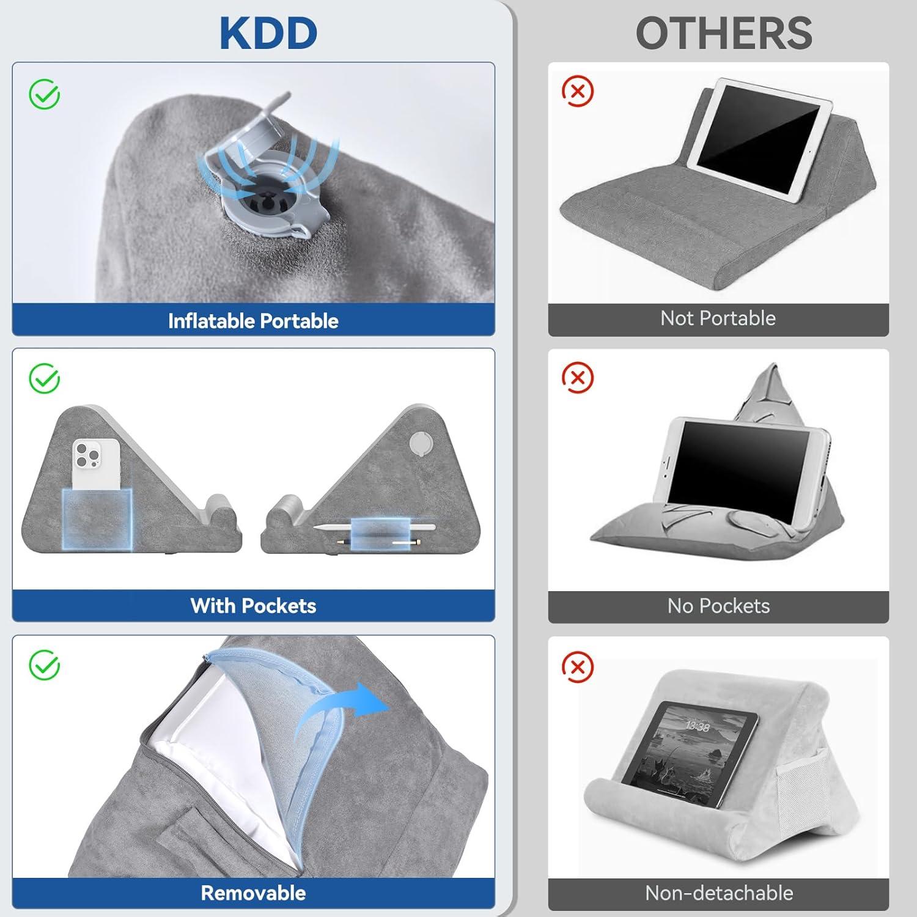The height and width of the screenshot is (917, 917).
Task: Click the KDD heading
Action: click(268, 33)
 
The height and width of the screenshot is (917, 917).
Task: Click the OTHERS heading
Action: click(724, 33)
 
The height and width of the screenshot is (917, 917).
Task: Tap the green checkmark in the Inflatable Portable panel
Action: click(45, 95)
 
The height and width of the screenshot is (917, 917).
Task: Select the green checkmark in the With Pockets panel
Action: click(45, 378)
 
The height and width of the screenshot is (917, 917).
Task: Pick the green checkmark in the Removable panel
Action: click(45, 665)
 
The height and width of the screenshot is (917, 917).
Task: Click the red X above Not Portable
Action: click(577, 92)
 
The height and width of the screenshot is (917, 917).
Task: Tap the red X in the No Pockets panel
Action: click(577, 378)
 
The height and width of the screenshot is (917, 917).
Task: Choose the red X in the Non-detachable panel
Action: click(577, 666)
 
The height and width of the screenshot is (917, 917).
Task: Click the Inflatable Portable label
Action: click(253, 321)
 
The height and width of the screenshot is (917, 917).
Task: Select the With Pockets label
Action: click(253, 606)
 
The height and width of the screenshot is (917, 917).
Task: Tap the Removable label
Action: click(253, 893)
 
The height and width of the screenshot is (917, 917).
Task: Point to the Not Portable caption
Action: click(718, 319)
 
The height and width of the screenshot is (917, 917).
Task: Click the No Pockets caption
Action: click(718, 606)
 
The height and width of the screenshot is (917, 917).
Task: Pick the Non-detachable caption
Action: click(719, 893)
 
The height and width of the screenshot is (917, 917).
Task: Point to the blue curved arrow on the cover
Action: click(342, 709)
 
